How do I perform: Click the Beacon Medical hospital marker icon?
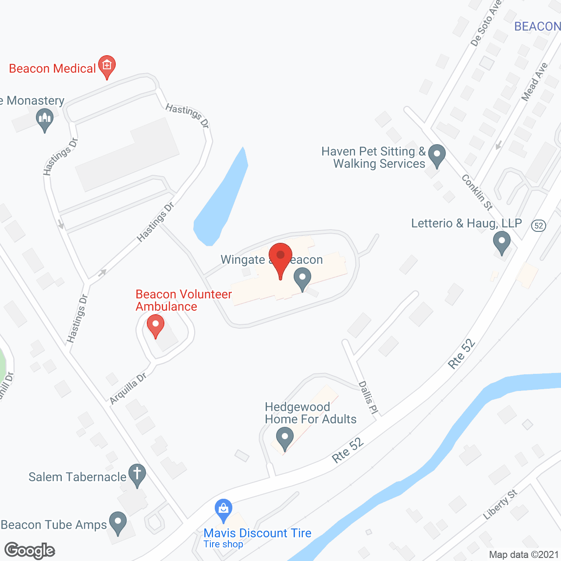coord(107,66)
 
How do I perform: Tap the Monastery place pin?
coord(45,119)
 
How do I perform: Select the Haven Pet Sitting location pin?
coord(437,155)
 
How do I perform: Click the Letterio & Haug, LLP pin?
coord(502,241)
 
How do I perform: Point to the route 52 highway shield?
coord(539,226)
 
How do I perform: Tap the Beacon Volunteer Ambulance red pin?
coord(155,326)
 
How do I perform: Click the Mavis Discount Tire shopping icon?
coord(224,510)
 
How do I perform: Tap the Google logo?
coord(30,550)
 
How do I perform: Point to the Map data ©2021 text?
coord(524,555)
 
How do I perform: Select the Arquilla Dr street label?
coord(128,389)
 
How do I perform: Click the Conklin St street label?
coord(477,192)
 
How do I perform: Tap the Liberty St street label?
coord(500,505)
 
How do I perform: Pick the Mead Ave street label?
coord(534,82)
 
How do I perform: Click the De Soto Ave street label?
coord(485,24)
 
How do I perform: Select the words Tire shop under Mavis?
coord(223,544)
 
